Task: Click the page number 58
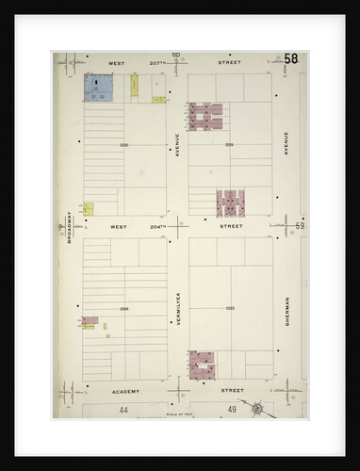click(291, 59)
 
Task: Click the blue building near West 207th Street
click(99, 89)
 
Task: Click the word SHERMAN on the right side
click(286, 312)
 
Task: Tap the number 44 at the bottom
click(123, 410)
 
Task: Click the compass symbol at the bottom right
click(255, 410)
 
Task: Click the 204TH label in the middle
click(158, 226)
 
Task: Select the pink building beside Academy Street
click(202, 364)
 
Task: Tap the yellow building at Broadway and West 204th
click(89, 208)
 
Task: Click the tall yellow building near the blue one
click(135, 86)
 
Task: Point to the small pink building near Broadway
click(90, 322)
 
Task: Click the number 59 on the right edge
click(299, 226)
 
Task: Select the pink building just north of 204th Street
click(230, 203)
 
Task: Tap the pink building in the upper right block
click(205, 116)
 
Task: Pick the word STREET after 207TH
click(229, 63)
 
